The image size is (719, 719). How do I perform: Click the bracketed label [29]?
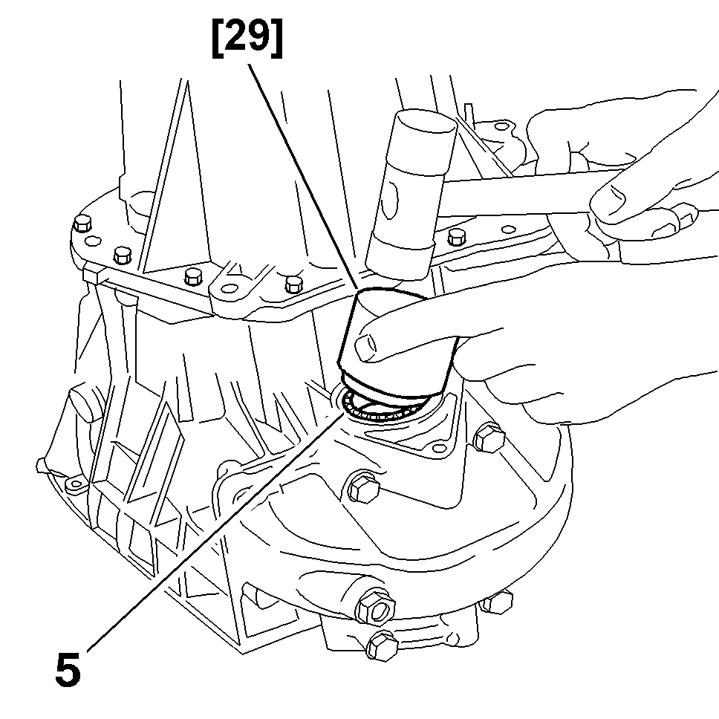tap(247, 39)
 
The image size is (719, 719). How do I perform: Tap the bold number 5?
tap(68, 669)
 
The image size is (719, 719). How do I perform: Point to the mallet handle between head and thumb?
tap(520, 195)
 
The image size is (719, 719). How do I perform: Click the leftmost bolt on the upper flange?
tap(82, 223)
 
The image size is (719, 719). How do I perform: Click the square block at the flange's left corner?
tap(93, 275)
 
